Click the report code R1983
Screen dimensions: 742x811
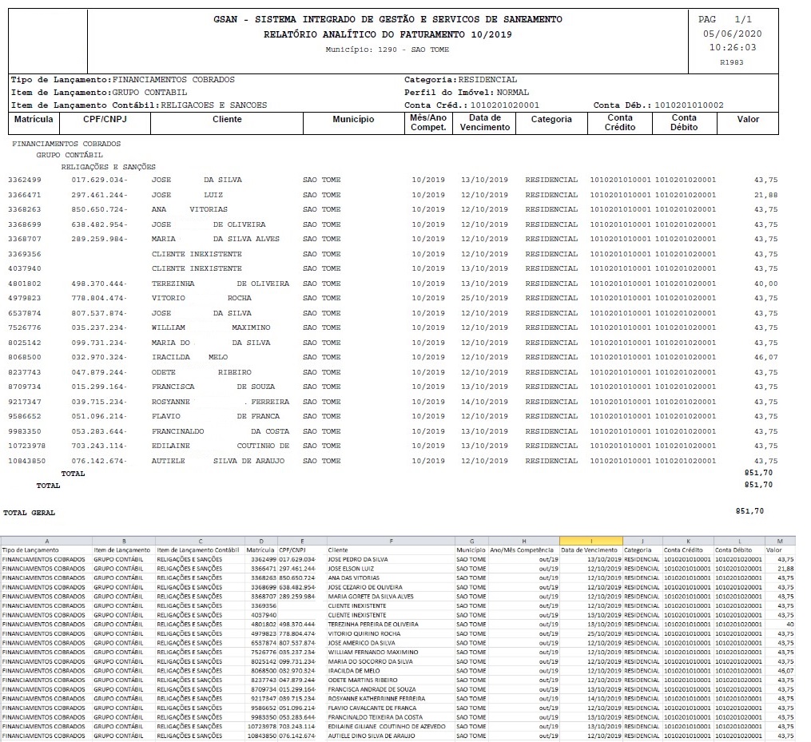tap(731, 62)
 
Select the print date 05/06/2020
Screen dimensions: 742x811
tap(732, 34)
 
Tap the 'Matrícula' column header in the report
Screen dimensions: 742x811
tap(34, 119)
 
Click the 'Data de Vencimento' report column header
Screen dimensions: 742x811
tap(485, 123)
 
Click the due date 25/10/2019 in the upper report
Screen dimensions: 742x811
tap(484, 298)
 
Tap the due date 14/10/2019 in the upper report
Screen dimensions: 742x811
tap(484, 402)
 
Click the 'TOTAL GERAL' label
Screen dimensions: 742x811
tap(30, 512)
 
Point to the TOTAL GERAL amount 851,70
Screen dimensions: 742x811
tap(749, 510)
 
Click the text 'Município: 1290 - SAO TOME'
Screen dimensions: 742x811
tap(388, 50)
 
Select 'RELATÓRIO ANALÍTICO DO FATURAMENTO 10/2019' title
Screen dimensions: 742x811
tap(388, 34)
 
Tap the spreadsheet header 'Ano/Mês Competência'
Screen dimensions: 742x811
tap(523, 550)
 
